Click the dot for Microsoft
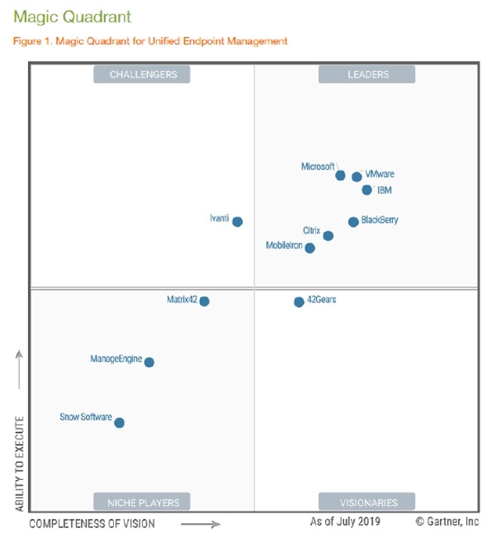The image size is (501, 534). point(340,176)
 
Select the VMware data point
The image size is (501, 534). point(357,177)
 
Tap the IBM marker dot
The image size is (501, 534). point(367,190)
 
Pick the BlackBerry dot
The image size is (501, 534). point(353,222)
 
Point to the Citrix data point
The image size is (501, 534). point(328,236)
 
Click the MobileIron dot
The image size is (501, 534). point(310,248)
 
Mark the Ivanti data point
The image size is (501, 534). point(238,222)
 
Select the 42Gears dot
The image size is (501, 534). point(299,302)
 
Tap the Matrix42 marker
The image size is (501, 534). point(204,302)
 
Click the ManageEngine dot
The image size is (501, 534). point(149,363)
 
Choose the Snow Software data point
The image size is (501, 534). point(119,423)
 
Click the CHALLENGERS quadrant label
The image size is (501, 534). point(142,75)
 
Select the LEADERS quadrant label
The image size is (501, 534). point(367,75)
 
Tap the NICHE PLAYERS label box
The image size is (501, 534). point(142,502)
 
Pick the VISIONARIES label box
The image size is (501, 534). point(367,502)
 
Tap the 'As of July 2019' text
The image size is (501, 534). point(345,521)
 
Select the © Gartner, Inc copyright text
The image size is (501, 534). point(447,521)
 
